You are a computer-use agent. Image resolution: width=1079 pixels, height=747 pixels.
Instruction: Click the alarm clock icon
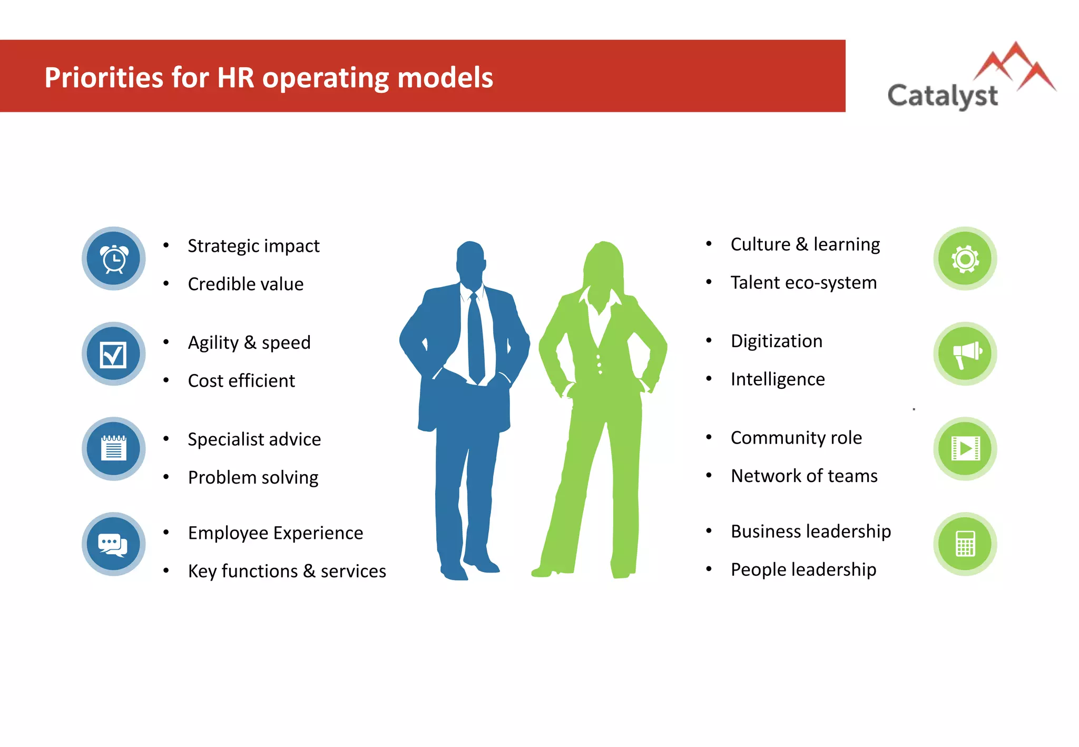tap(114, 259)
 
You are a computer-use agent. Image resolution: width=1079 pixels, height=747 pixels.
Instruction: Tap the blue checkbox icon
tap(114, 354)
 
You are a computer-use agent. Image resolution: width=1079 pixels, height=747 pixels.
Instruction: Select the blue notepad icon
tap(114, 449)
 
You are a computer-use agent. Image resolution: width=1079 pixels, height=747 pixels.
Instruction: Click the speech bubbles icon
tap(114, 544)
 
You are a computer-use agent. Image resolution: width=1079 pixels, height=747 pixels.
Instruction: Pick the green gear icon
tap(965, 259)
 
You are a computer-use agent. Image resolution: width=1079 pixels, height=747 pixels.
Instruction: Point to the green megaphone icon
tap(965, 354)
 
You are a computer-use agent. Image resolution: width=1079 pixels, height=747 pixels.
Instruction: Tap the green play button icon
tap(965, 449)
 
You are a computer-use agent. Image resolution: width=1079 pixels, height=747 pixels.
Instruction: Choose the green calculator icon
tap(965, 544)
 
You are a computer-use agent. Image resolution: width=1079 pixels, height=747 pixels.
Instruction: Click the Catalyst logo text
tap(943, 96)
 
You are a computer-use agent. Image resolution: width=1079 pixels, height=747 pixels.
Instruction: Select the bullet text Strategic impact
tap(253, 246)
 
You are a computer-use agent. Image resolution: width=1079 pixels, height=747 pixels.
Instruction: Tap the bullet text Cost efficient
tap(241, 381)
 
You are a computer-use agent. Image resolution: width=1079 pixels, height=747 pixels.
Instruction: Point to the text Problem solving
tap(253, 477)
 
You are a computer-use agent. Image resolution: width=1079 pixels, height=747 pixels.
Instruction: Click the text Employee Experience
tap(276, 533)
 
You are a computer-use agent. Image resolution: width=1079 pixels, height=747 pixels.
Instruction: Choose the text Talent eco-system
tap(803, 283)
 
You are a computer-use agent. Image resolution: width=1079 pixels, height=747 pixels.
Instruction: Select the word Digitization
tap(777, 341)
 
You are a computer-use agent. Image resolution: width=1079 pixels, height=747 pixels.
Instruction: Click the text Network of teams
tap(804, 476)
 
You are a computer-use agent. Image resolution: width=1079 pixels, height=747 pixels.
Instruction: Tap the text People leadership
tap(803, 569)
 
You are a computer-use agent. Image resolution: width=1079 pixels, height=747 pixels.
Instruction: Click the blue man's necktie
tap(476, 337)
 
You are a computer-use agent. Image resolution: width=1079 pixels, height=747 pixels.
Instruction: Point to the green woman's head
tap(604, 263)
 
